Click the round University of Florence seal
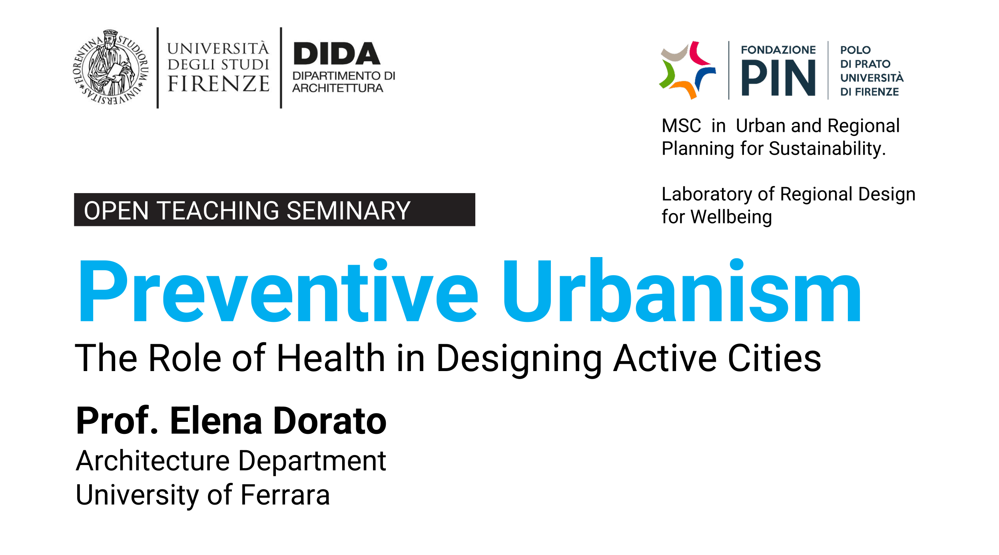[111, 67]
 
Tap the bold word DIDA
[337, 54]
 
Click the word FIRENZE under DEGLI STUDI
[218, 84]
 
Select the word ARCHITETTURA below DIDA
[337, 88]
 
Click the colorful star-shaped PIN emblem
[687, 70]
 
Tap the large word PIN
[778, 78]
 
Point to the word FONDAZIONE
[778, 50]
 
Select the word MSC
[681, 126]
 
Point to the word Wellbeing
[731, 217]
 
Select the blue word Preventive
[278, 292]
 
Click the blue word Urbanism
[682, 292]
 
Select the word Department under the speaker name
[312, 461]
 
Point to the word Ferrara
[285, 495]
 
